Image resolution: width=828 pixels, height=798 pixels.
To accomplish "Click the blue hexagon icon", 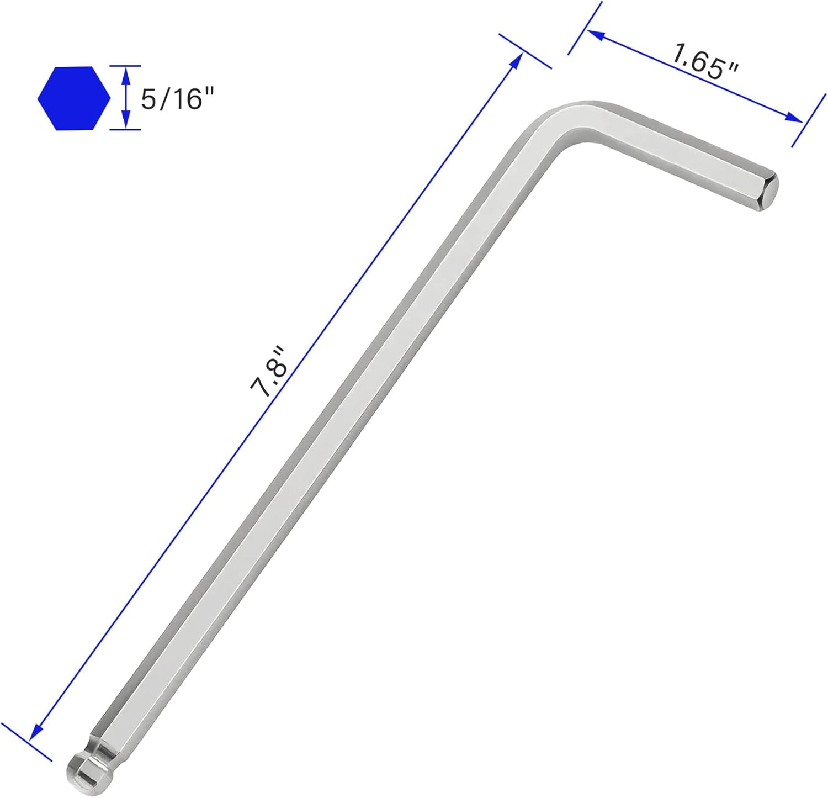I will [74, 98].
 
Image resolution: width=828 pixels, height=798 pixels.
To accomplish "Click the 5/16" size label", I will [177, 99].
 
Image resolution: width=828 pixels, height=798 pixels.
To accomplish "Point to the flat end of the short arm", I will [769, 192].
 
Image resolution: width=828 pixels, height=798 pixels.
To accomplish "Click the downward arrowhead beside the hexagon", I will [126, 122].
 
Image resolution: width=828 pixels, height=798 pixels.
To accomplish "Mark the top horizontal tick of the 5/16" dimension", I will [125, 66].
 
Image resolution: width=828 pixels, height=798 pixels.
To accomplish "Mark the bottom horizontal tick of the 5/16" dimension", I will [125, 130].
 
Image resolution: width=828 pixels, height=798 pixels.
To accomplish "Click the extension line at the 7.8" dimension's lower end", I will [26, 742].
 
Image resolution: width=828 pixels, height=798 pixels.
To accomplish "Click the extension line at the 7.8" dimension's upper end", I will [525, 51].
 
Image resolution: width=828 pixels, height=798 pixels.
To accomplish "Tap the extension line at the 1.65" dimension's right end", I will [809, 120].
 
